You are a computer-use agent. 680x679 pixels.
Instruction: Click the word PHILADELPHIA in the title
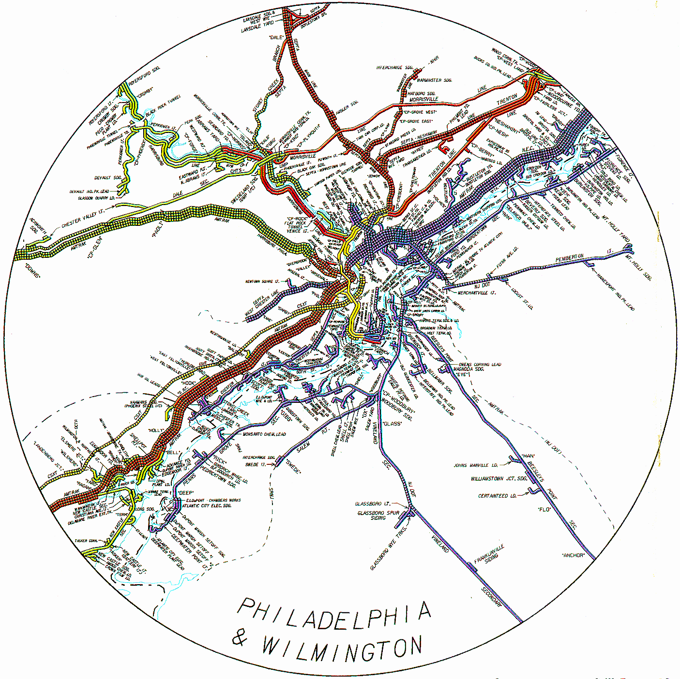tap(333, 614)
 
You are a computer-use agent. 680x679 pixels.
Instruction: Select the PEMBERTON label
tap(570, 258)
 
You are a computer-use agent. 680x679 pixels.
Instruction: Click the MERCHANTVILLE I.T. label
tap(476, 293)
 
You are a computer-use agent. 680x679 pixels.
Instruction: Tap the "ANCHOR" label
tap(573, 555)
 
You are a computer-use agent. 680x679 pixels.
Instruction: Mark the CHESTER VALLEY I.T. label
tap(83, 218)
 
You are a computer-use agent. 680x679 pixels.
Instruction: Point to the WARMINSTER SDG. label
tap(434, 80)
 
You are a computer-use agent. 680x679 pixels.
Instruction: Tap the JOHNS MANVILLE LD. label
tap(475, 465)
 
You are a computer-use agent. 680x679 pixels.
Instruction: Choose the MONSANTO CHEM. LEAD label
tap(264, 434)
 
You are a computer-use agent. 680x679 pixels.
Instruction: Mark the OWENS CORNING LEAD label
tap(480, 365)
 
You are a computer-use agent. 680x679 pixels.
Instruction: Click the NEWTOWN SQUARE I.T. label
tap(262, 281)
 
